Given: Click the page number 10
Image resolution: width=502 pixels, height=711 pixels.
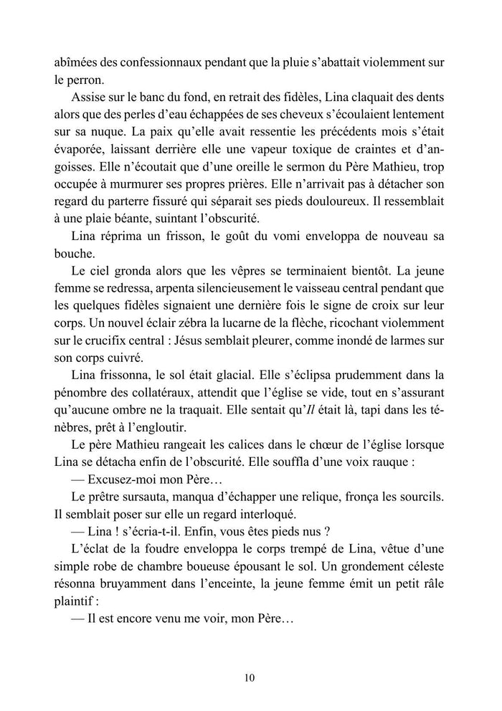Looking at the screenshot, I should (x=250, y=677).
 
